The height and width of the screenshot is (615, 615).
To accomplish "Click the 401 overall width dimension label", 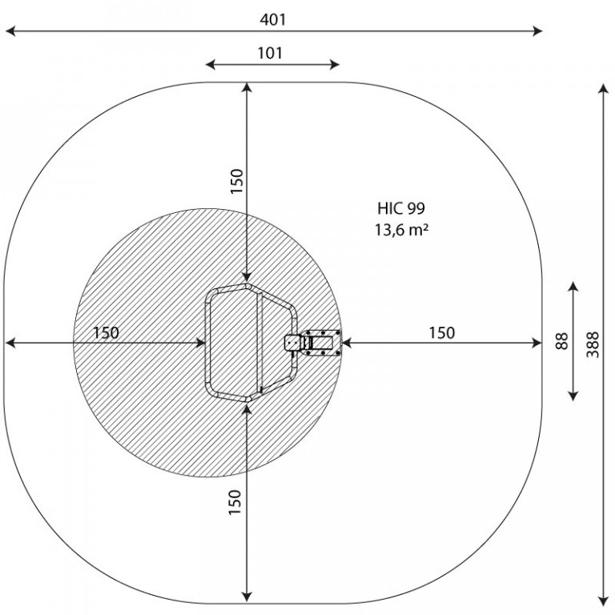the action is (x=273, y=19).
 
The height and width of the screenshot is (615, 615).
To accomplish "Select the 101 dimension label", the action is (x=270, y=53).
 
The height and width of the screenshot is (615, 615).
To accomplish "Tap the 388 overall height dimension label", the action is (x=593, y=344).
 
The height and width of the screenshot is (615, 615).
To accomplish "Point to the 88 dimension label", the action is (x=561, y=341).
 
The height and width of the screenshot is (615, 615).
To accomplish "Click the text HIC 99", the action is (x=401, y=208).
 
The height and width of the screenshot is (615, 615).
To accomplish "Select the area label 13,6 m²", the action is (x=401, y=230).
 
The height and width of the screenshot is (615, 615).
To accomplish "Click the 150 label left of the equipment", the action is (x=106, y=333).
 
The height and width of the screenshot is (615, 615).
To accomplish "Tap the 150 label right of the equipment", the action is (x=442, y=332).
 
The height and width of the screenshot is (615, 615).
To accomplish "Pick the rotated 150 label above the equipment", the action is (x=237, y=181).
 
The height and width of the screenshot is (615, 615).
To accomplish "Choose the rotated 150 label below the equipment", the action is (x=235, y=502).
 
